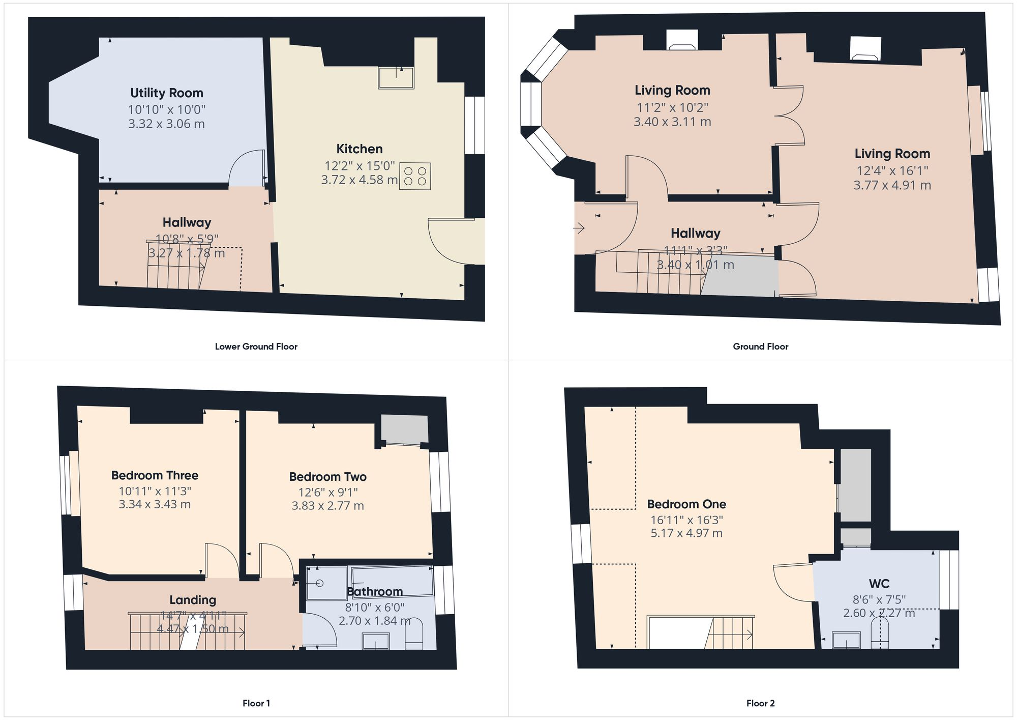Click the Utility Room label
point(166,93)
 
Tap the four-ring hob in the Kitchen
point(415,176)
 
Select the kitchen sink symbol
point(396,78)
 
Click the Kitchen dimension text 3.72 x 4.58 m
point(359,180)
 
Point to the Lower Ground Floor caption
point(256,347)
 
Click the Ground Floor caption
point(760,347)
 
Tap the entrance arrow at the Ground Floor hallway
point(579,228)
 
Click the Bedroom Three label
point(155,475)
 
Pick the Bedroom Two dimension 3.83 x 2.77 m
point(327,506)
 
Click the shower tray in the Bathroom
point(326,583)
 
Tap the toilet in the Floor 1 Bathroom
point(414,635)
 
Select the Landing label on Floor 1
point(193,600)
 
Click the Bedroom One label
point(686,504)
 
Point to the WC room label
point(879,584)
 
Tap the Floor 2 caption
point(760,703)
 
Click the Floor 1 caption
point(256,703)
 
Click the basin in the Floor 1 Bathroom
point(376,641)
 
